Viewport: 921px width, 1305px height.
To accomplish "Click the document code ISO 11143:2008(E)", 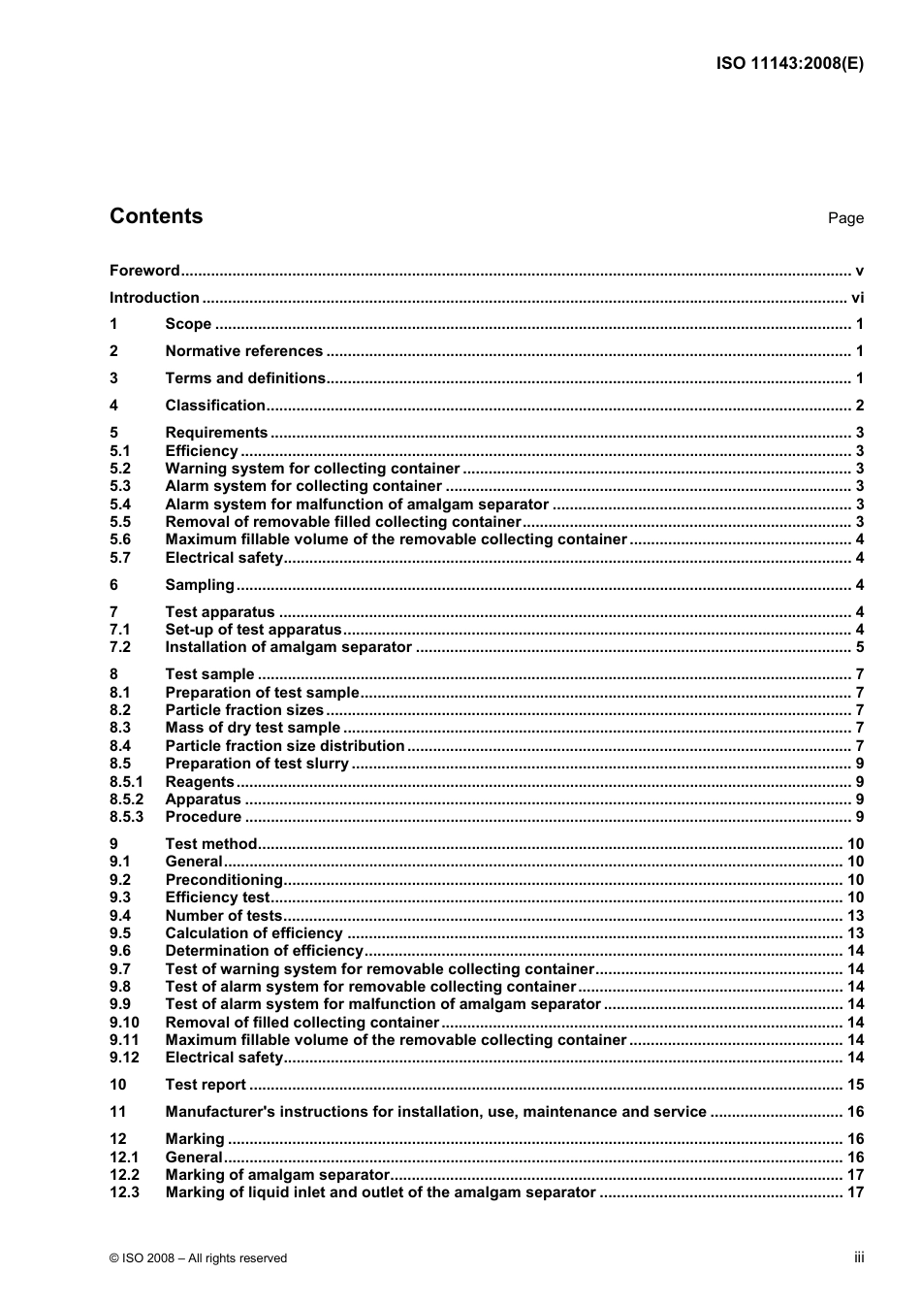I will (x=789, y=64).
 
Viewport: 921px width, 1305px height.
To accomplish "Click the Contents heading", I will (x=156, y=216).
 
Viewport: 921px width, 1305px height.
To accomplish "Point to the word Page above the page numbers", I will (x=845, y=218).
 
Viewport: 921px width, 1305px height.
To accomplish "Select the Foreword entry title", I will (x=144, y=271).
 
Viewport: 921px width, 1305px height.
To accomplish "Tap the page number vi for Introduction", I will (x=857, y=298).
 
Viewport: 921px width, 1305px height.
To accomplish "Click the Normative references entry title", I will (x=243, y=351).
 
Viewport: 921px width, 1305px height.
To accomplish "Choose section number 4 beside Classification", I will (x=113, y=406).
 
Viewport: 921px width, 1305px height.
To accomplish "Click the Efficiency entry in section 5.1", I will (x=202, y=451).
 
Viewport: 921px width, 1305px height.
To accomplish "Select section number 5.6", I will (x=120, y=539).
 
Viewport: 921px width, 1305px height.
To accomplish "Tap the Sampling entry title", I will (x=200, y=585).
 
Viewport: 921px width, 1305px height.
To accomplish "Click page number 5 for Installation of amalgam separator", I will (x=859, y=647).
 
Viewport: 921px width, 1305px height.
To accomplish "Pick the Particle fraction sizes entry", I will (x=244, y=710).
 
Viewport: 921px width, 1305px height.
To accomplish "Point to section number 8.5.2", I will (x=126, y=799).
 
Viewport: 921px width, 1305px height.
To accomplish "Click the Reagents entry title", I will (x=200, y=782).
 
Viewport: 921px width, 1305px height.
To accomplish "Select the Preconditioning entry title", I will (x=224, y=880).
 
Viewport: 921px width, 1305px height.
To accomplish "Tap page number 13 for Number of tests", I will (x=855, y=916).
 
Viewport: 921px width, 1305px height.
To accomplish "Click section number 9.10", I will (x=124, y=1023).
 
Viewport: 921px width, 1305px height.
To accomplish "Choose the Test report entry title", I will (x=206, y=1085).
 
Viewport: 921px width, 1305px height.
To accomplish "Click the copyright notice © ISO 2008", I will (x=198, y=1258).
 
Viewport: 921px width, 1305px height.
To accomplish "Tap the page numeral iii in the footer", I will (x=859, y=1257).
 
